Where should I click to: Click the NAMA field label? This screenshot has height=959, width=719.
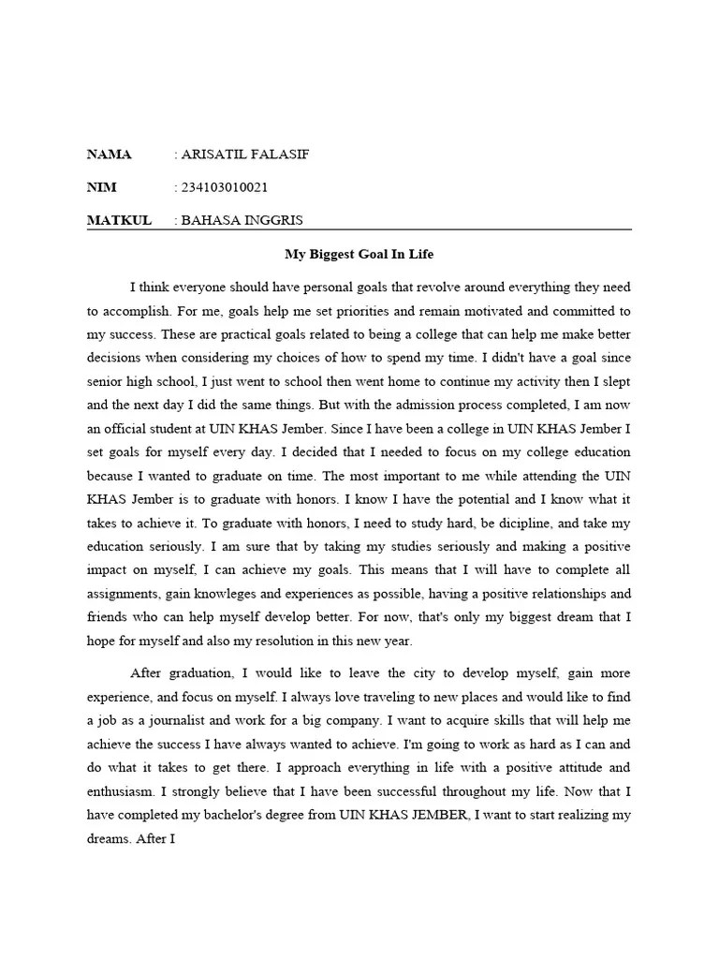point(110,155)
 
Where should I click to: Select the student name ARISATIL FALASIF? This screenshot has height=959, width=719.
point(243,155)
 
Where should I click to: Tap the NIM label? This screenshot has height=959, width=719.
point(101,187)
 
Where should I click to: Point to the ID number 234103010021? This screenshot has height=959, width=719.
point(225,187)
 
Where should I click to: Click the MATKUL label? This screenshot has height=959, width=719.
point(119,220)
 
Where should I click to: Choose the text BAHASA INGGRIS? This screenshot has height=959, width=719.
point(242,220)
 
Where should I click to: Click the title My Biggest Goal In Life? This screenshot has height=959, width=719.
point(359,254)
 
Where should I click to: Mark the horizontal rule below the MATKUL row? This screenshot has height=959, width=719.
point(359,229)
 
